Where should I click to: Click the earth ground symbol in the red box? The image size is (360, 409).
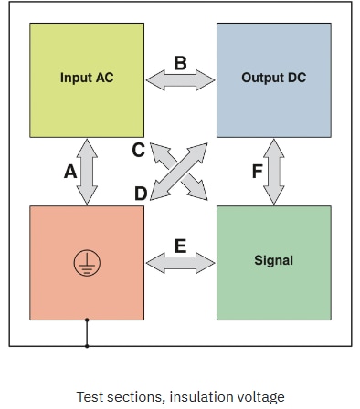coord(87,263)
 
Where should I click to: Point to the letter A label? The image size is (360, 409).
coord(70,171)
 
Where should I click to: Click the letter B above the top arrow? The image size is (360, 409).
coord(180,63)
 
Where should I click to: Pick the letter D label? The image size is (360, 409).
coord(140,193)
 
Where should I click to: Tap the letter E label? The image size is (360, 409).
coord(180,246)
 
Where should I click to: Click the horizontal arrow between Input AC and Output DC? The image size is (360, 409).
coord(180,81)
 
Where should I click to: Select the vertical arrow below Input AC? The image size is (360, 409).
coord(88,171)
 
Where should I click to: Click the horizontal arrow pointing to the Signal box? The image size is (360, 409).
coord(180,264)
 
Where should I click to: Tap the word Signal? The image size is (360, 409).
coord(273,260)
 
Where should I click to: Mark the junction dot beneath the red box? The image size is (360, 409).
coord(87,320)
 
